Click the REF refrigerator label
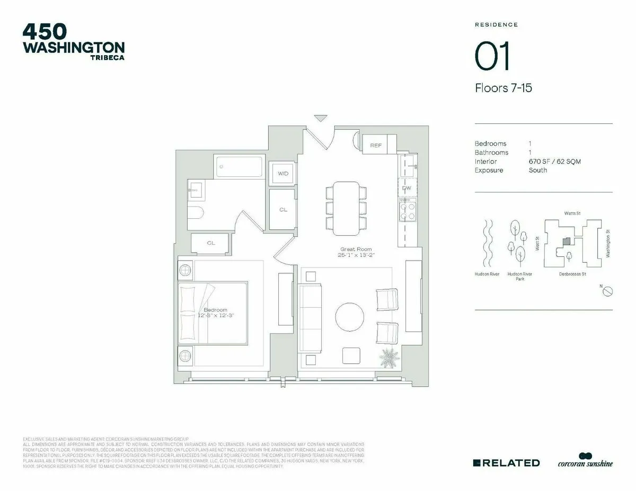tap(375, 145)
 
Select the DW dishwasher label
tap(407, 188)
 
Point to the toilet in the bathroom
tap(196, 213)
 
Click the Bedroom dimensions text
tap(215, 315)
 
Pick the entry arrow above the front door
tap(321, 118)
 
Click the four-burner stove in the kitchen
tap(408, 210)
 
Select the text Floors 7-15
tap(503, 88)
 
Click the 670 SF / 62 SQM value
tap(554, 162)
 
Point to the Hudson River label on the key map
tap(487, 274)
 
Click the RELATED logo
tap(506, 463)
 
